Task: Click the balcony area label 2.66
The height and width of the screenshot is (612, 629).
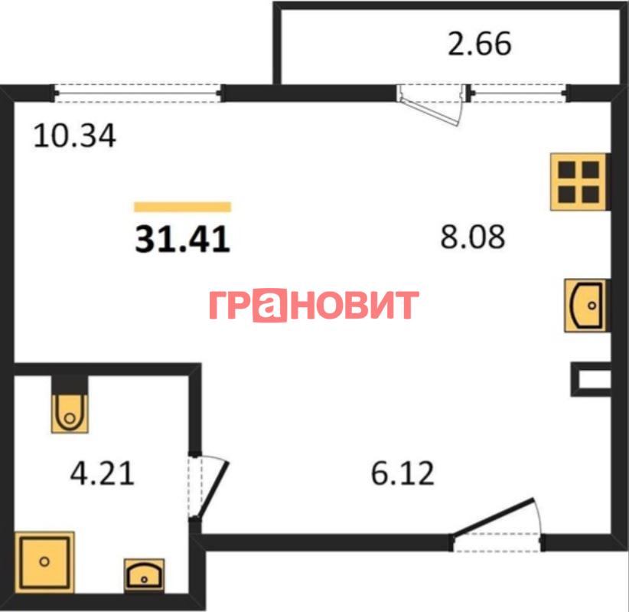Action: (x=479, y=44)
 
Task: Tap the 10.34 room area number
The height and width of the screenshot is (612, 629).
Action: (x=75, y=136)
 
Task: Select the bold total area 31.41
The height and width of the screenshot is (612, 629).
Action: (x=183, y=239)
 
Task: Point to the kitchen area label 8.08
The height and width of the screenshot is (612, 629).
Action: (x=473, y=237)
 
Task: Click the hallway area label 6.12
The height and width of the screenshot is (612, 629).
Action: (x=402, y=473)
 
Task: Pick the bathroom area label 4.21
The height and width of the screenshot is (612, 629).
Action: (x=103, y=473)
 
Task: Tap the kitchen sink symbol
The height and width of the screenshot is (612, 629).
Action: (x=587, y=306)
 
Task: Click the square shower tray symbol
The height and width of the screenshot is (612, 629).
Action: (x=44, y=561)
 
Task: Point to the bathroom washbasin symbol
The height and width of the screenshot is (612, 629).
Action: (x=144, y=575)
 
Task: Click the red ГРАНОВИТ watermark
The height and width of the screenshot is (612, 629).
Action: (x=314, y=305)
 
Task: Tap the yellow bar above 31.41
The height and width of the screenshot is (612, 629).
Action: (x=183, y=207)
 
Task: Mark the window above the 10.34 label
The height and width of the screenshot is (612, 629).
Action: (x=137, y=93)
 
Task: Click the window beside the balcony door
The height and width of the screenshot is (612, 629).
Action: (x=518, y=93)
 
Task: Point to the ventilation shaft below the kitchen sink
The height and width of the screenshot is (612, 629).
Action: (x=592, y=379)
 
